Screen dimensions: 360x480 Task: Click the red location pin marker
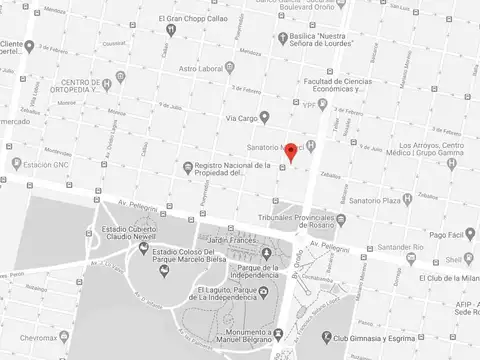tap(291, 152)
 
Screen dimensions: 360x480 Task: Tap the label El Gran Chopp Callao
tap(197, 18)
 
